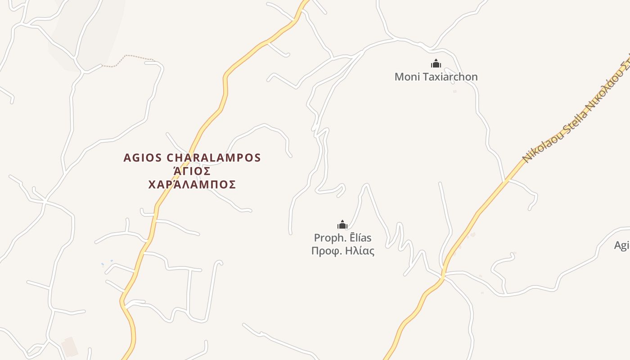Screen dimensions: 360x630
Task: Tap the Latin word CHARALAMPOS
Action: [214, 158]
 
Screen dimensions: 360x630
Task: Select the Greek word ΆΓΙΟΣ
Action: [192, 171]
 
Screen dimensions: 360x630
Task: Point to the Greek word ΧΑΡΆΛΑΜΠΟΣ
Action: [192, 184]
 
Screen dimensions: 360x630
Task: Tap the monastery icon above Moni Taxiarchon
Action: [436, 63]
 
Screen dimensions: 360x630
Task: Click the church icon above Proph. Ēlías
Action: [342, 224]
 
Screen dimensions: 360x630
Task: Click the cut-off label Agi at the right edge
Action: [621, 245]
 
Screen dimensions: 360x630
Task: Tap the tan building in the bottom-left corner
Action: [70, 346]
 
